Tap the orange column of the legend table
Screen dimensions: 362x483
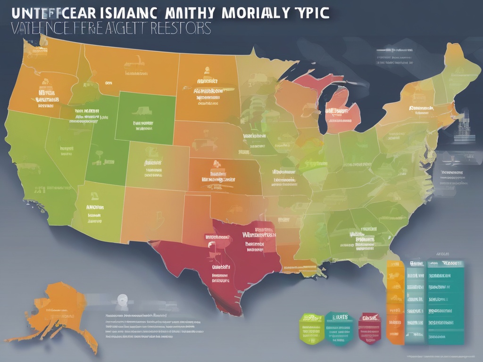click(393, 302)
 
